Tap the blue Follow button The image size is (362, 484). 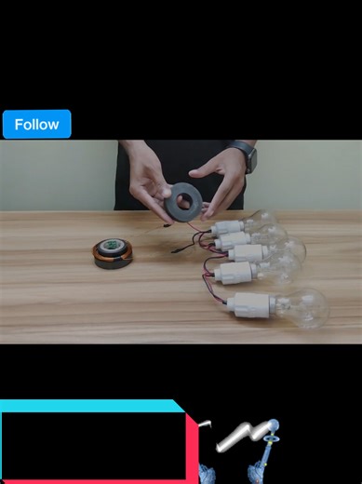pos(36,124)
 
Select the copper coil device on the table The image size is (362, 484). pos(113,253)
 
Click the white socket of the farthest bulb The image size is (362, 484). pos(227,227)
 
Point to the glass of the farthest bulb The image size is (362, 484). pos(260,219)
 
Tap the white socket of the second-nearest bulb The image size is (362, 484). pos(236,272)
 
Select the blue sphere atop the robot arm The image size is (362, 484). pos(274,425)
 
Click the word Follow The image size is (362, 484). pos(36,125)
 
